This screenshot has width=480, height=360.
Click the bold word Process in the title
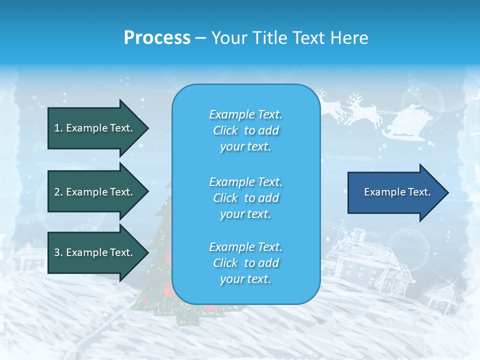coord(157,38)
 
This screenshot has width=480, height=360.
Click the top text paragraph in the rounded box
coord(245,130)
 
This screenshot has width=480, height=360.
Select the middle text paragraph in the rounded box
coord(245,197)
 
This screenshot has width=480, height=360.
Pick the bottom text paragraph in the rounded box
coord(245,263)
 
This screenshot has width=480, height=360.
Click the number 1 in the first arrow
coord(57,128)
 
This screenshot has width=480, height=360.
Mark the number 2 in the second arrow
coord(57,192)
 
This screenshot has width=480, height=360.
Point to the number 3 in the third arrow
coord(57,253)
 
